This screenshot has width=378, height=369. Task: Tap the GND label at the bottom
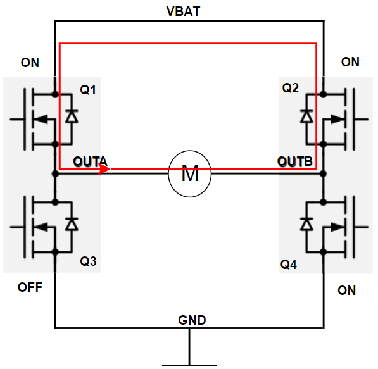click(192, 320)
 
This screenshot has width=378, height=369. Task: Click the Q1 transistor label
click(88, 90)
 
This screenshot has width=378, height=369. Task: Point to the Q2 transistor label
click(290, 88)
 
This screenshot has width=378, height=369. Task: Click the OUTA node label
click(89, 162)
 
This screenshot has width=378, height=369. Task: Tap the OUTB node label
click(295, 162)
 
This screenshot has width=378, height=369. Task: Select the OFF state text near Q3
click(30, 287)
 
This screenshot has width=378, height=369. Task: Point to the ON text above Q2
click(350, 62)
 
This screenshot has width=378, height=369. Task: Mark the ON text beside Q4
click(346, 291)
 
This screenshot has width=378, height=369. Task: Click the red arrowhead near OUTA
click(104, 170)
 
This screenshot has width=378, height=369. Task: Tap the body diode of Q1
click(72, 116)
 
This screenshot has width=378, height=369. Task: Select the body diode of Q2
click(307, 116)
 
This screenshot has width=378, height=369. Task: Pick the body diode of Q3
click(72, 224)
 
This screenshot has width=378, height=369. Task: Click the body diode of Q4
click(307, 224)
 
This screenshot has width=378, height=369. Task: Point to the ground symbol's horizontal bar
click(189, 365)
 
